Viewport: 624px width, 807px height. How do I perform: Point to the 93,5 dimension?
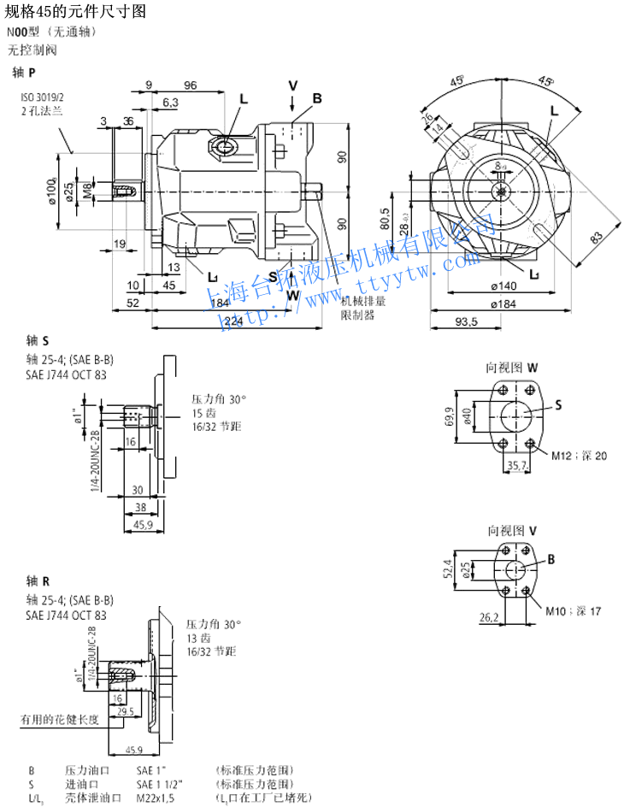[465, 321]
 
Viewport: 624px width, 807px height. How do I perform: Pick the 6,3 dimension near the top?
[170, 103]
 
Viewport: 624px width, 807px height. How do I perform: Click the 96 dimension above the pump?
[190, 85]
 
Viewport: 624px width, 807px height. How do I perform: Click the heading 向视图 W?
[511, 368]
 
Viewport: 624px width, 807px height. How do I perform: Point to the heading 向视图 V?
[511, 530]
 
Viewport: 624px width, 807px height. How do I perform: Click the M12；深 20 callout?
[579, 456]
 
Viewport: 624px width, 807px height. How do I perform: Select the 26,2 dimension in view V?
[489, 617]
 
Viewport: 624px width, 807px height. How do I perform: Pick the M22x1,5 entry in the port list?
[156, 798]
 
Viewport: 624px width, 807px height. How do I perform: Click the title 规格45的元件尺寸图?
[76, 11]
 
